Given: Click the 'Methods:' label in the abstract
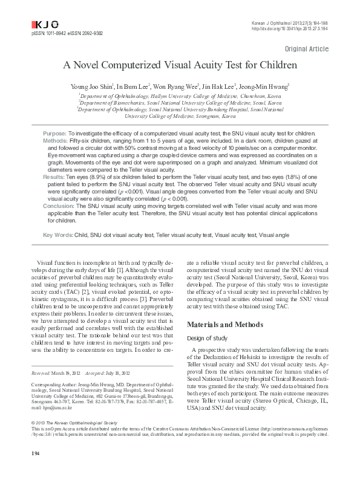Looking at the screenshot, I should point(55,140).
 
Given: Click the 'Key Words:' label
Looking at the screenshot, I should point(58,233).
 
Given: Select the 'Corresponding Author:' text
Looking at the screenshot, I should point(51,400).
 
